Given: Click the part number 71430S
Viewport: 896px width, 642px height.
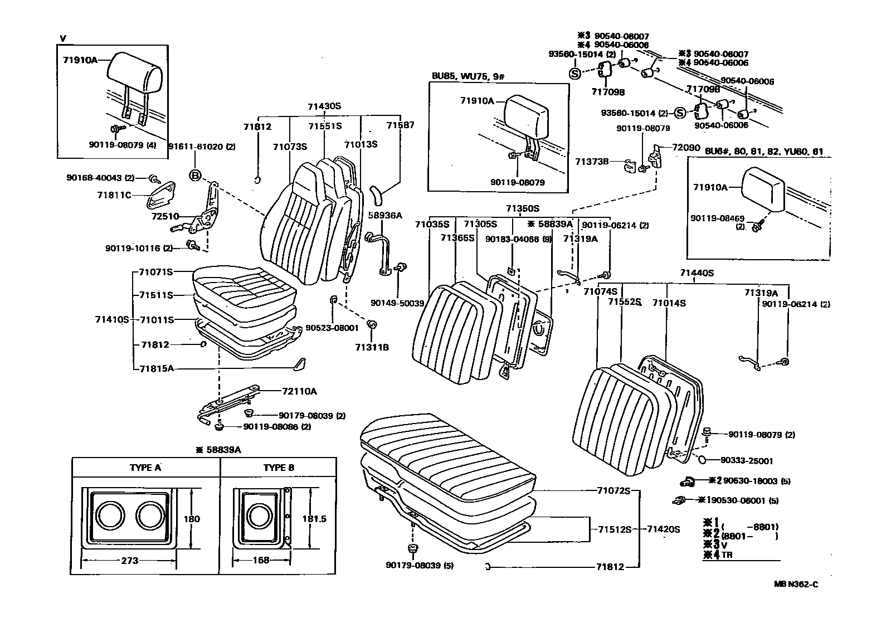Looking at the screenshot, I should point(324,106).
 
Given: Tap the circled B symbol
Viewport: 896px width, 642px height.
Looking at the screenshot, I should point(195,175).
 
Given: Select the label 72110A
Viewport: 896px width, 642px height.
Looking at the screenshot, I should point(299,391).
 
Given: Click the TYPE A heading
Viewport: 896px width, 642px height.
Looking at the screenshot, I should point(145,468).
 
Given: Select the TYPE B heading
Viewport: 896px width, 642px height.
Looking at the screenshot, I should point(279,468).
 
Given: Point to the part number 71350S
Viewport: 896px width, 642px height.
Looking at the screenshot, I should point(522,208).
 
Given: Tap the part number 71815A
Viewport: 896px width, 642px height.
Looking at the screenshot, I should point(156,368).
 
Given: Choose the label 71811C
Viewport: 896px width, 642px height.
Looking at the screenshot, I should point(114,195).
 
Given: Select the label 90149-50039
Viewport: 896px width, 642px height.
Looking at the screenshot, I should point(397,303).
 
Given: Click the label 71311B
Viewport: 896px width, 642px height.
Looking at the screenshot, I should point(372,347).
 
